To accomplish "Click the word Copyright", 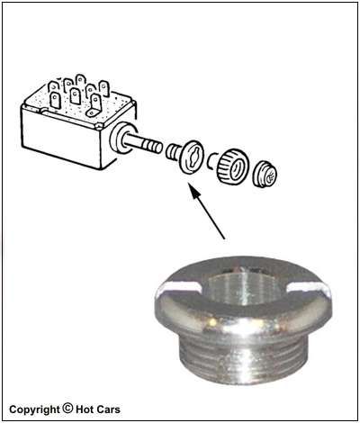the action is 34,409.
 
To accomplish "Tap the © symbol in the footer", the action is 67,408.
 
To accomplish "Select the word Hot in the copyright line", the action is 85,409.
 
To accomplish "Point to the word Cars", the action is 108,409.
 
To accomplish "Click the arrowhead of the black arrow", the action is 195,192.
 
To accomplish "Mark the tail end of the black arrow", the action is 224,239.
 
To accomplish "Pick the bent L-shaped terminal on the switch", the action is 94,105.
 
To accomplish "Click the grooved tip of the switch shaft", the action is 151,147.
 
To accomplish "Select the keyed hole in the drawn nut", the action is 192,156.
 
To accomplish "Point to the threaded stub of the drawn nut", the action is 172,151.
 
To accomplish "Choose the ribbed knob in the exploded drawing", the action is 233,167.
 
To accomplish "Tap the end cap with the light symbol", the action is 265,175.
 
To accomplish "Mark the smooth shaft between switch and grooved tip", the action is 132,140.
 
